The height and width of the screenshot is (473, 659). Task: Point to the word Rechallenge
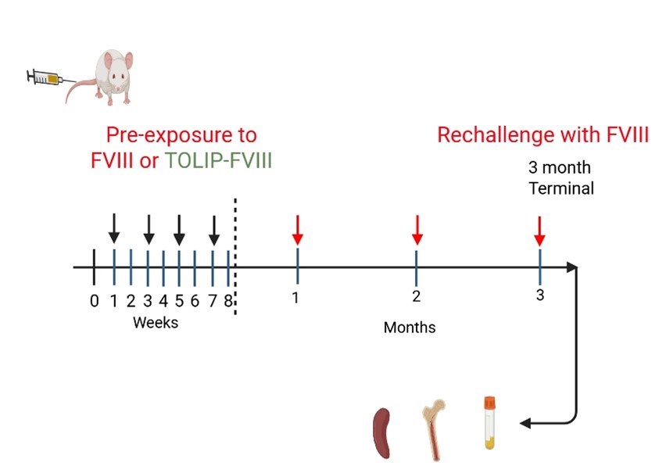click(x=495, y=135)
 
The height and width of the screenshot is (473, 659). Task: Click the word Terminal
click(x=561, y=188)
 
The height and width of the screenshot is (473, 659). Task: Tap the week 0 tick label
click(x=94, y=299)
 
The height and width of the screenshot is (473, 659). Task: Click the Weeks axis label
click(x=155, y=322)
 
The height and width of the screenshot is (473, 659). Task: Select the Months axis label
click(x=409, y=328)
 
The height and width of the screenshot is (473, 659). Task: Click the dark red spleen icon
click(x=382, y=432)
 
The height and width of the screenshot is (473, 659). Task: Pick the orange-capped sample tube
click(x=490, y=423)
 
